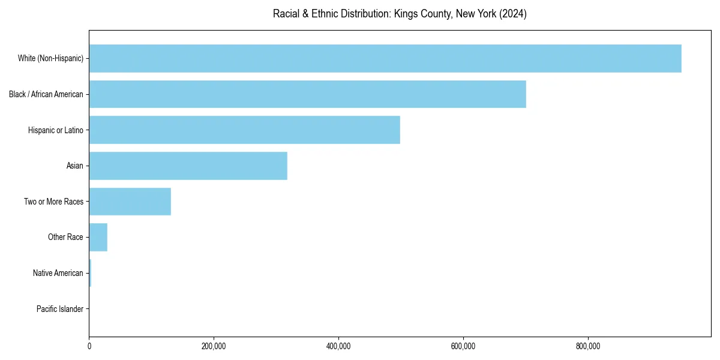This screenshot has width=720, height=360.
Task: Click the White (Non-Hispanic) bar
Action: [x=385, y=58]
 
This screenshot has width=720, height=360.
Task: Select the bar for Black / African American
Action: [x=307, y=94]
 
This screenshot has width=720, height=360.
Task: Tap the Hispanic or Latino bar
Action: [x=244, y=130]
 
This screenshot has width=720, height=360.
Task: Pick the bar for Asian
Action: [x=188, y=166]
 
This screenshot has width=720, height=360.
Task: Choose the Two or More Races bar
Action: [x=130, y=202]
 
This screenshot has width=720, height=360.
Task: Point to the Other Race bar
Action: [x=98, y=237]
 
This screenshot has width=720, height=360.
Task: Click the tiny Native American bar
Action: [x=90, y=273]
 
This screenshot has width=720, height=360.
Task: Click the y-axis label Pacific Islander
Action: [x=59, y=309]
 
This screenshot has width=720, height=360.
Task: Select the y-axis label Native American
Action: [x=58, y=273]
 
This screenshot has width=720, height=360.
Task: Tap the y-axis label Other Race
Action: [x=65, y=237]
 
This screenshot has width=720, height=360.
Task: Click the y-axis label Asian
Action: [x=74, y=166]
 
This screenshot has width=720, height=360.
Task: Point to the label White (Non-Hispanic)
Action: [x=50, y=58]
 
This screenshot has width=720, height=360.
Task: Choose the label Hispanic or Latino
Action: [x=55, y=130]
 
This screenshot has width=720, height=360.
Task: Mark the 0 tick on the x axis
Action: [x=89, y=346]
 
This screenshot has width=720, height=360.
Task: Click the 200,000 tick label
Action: [x=214, y=346]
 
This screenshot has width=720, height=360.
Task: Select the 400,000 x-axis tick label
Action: [x=338, y=346]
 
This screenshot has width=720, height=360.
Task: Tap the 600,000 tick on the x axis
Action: [x=463, y=346]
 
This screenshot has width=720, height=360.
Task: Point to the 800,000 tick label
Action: [x=588, y=346]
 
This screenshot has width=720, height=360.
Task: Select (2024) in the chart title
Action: [x=512, y=14]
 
